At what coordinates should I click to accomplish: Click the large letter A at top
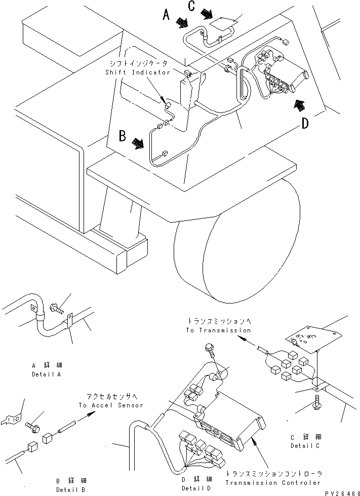pos(166,16)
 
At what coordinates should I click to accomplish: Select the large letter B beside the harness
pos(122,137)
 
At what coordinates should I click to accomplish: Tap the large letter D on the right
pos(305,123)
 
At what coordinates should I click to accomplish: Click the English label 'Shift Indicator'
pos(138,72)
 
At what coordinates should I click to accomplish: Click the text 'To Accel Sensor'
pos(111,405)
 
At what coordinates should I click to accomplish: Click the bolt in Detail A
pos(57,306)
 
